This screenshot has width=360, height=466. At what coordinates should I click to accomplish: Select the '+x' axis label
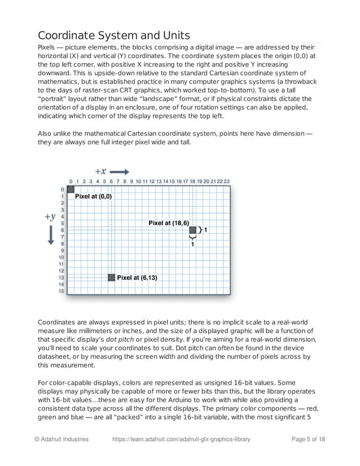pos(100,172)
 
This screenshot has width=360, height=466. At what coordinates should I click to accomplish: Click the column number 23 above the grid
pos(226,182)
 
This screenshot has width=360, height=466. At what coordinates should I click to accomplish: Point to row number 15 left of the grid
pos(62,291)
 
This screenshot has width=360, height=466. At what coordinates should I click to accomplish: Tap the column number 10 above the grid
pos(138,182)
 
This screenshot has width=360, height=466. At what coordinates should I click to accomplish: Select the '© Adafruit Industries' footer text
pos(62,439)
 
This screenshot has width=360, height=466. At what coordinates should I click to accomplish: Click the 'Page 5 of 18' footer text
pos(308,439)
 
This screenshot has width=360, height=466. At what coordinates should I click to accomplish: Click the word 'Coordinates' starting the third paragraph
pos(59,321)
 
